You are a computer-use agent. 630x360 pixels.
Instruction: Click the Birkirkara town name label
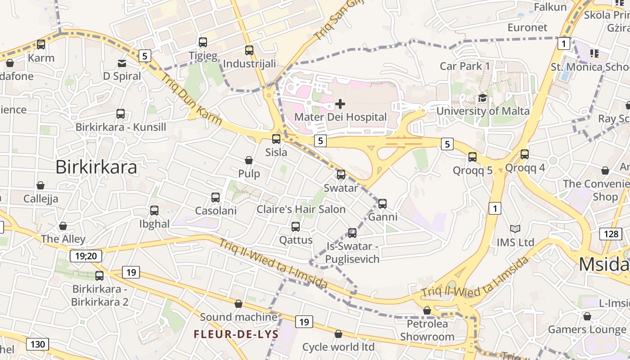(96, 167)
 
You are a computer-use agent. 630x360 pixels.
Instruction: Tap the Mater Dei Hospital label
(340, 117)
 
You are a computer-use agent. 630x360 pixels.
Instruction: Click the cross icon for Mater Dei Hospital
(340, 104)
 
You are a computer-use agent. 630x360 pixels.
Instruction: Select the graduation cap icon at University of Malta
(482, 98)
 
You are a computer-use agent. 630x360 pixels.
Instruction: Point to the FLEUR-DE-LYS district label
(236, 334)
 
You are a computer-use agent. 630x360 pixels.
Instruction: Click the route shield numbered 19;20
(86, 256)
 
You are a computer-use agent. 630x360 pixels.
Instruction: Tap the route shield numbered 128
(611, 234)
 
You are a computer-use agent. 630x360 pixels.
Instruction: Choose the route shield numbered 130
(37, 345)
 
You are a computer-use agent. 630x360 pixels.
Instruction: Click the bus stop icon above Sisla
(276, 139)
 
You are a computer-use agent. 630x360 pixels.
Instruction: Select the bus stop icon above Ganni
(382, 204)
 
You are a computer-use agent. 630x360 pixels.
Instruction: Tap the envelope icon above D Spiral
(122, 63)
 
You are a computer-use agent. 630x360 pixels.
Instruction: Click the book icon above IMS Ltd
(515, 229)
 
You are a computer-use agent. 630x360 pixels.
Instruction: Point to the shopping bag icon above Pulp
(248, 160)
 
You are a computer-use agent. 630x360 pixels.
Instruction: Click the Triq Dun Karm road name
(191, 99)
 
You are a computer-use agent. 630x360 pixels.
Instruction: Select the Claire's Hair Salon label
(301, 209)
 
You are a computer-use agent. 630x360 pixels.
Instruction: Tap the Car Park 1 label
(464, 66)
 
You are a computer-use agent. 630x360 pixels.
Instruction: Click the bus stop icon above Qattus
(296, 227)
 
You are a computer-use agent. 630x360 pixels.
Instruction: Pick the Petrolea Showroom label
(427, 330)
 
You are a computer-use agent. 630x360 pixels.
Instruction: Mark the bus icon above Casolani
(216, 198)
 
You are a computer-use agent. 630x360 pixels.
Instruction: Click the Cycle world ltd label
(338, 347)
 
